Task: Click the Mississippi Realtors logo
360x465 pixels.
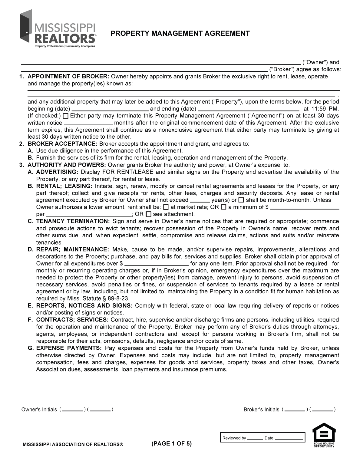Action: tap(58, 29)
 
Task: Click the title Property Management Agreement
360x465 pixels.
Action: tap(180, 33)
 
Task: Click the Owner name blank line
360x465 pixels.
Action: tap(160, 63)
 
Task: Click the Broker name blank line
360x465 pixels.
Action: tap(144, 70)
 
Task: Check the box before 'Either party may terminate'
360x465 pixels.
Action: tap(65, 116)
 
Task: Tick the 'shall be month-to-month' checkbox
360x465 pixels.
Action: tap(241, 200)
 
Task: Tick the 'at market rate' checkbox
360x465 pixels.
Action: tap(166, 207)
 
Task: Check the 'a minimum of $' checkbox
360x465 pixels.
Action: tap(223, 207)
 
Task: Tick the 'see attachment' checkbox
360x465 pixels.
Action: tap(148, 214)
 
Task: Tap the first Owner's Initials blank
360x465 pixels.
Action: tap(73, 410)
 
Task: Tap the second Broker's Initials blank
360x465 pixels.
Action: tap(322, 410)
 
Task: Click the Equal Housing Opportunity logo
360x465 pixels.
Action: tap(324, 435)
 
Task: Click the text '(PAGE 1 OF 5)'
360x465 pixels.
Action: tap(171, 444)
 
